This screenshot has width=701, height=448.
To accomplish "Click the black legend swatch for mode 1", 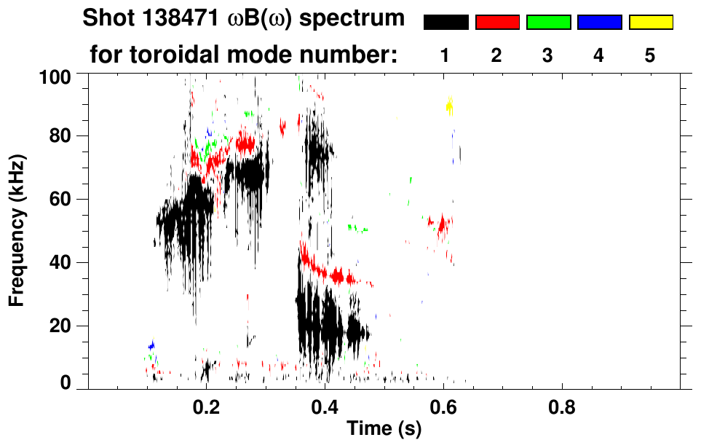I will click(x=446, y=23).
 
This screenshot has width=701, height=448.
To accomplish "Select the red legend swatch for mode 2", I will click(x=497, y=23).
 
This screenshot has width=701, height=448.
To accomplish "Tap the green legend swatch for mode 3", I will click(x=548, y=23).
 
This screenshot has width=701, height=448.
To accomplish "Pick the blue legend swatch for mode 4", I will click(x=599, y=23).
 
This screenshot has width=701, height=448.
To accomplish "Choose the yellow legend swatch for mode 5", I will click(x=650, y=23).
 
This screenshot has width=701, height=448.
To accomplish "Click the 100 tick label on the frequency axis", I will click(x=55, y=76).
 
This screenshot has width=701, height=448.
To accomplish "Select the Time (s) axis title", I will click(x=384, y=430).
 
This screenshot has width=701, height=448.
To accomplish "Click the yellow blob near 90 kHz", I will click(x=449, y=107).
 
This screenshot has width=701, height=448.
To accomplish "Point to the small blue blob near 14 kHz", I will click(x=151, y=345).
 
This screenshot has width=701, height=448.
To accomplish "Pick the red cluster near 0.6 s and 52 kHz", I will click(x=441, y=223).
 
